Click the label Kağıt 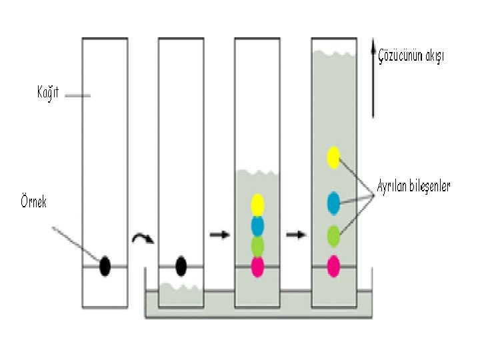(x=48, y=93)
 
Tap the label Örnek (x=33, y=201)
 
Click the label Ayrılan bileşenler (x=413, y=187)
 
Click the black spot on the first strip (x=105, y=266)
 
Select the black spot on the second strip (x=181, y=266)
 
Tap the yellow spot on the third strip (x=258, y=204)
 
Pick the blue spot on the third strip (x=258, y=225)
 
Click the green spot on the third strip (x=258, y=246)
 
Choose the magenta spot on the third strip (x=258, y=267)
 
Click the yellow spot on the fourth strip (x=333, y=157)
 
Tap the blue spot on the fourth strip (x=333, y=203)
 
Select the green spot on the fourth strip (x=333, y=235)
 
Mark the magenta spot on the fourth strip (x=333, y=266)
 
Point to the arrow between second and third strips (x=219, y=235)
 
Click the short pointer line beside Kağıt (x=77, y=95)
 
